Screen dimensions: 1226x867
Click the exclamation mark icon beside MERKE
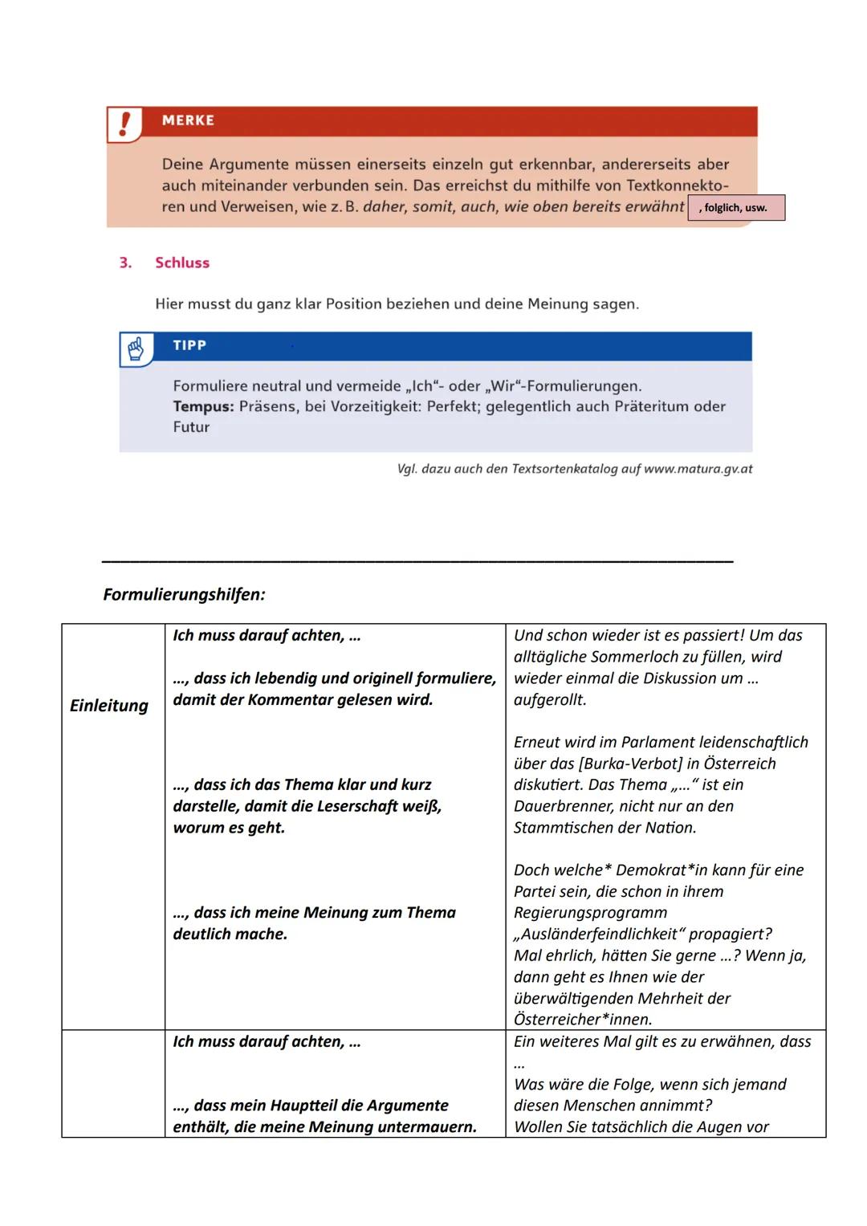click(124, 124)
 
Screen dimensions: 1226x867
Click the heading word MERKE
click(188, 120)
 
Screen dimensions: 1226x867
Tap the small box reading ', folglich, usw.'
click(735, 208)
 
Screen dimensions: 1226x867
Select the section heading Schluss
click(182, 263)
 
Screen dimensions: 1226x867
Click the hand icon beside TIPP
click(136, 349)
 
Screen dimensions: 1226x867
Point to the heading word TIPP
click(189, 345)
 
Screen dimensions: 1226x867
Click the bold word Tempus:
click(203, 406)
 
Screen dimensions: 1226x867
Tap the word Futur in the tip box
click(191, 427)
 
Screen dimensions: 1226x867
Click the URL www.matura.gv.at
click(698, 469)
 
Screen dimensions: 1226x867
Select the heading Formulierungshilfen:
click(184, 595)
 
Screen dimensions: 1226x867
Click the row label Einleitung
click(109, 706)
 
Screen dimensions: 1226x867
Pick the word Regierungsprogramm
click(590, 913)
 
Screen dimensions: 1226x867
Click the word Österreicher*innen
click(583, 1020)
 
